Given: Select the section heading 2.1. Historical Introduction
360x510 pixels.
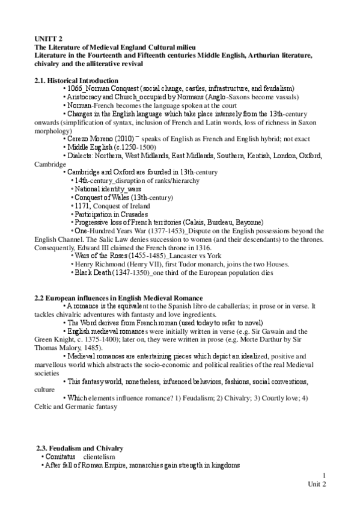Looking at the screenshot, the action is click(x=76, y=81).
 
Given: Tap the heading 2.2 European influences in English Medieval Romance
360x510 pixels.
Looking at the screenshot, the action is click(x=119, y=299).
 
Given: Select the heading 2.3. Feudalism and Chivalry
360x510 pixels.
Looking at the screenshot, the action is click(x=80, y=448).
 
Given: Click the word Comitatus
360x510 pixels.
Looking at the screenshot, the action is click(x=58, y=457).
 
